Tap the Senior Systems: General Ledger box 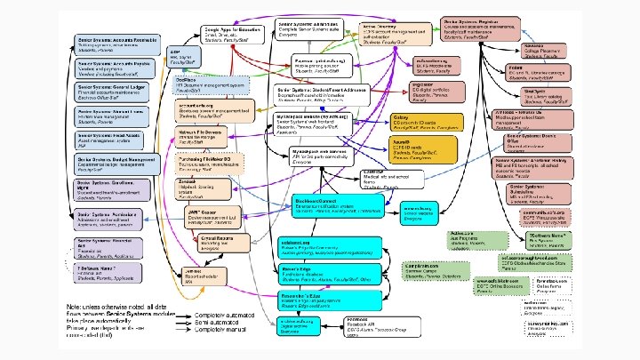tap(116, 92)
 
